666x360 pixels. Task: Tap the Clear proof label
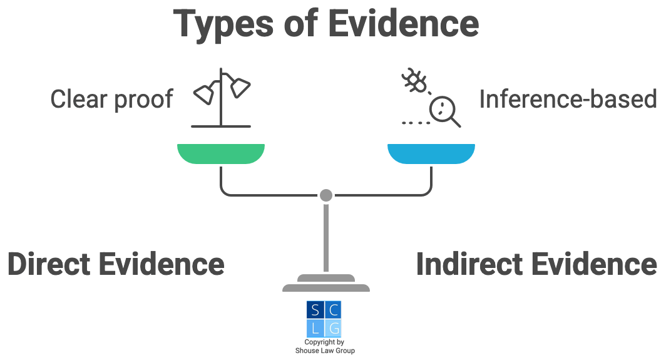(111, 99)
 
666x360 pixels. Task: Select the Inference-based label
(568, 99)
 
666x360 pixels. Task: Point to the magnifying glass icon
(444, 111)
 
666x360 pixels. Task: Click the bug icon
(413, 81)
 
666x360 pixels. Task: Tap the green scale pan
(220, 153)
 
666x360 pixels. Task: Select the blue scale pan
(431, 153)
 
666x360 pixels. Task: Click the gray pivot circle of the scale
(325, 195)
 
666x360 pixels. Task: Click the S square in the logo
(315, 310)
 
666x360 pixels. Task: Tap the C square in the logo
(334, 310)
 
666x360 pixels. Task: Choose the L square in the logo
(315, 328)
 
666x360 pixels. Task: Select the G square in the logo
(334, 328)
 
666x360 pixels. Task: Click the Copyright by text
(324, 342)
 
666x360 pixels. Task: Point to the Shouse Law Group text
(325, 351)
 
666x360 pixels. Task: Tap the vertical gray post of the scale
(325, 238)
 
